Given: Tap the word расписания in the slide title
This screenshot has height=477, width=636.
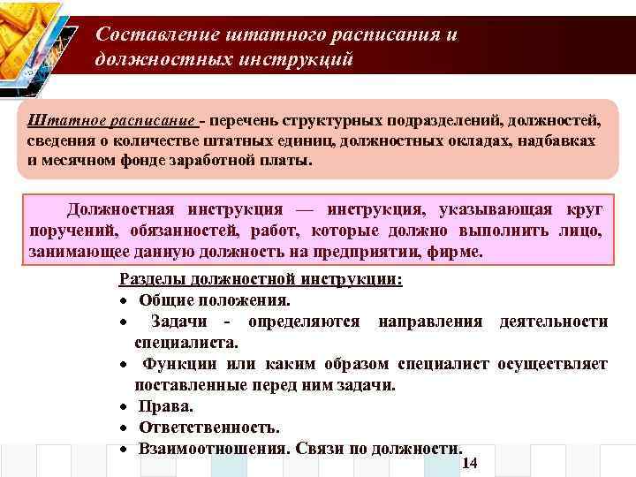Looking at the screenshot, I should (x=388, y=34).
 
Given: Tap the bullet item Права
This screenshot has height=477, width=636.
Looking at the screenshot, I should (x=165, y=406).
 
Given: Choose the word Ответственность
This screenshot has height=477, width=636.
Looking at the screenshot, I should (x=209, y=428).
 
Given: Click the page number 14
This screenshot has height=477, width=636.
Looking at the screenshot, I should (x=469, y=464).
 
